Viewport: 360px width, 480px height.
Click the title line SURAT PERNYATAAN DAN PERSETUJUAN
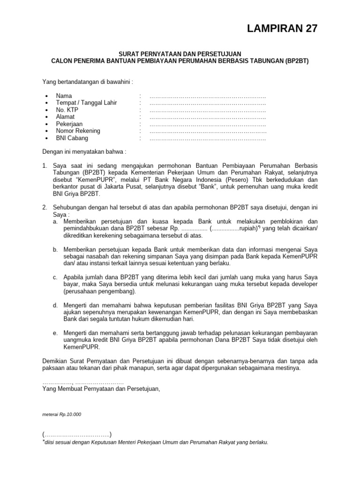click(180, 54)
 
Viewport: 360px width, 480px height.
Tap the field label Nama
click(64, 96)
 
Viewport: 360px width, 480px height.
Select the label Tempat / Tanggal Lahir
click(86, 103)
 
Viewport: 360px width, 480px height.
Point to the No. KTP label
click(67, 110)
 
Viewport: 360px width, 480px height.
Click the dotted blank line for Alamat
click(207, 117)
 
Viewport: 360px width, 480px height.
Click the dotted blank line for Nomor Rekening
click(207, 131)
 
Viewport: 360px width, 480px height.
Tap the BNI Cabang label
click(72, 138)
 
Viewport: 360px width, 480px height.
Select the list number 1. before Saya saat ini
click(45, 166)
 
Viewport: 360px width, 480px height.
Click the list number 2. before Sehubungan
click(45, 208)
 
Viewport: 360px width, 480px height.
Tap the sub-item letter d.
click(55, 305)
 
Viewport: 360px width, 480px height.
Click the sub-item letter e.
click(55, 332)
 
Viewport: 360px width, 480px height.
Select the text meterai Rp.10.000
click(62, 414)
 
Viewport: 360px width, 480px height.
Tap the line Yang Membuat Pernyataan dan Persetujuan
click(101, 389)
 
